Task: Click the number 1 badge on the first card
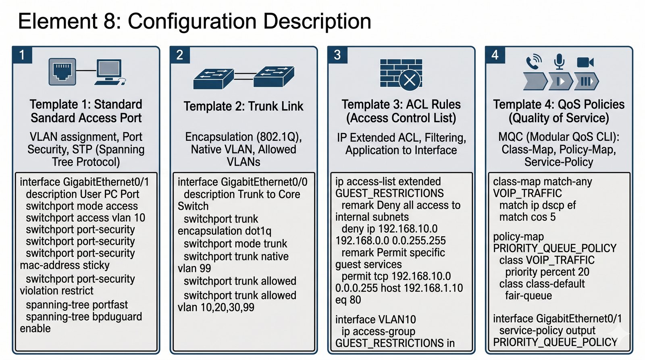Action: pos(22,55)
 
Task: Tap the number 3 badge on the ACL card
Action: pos(337,55)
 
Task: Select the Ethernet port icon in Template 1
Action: pos(62,71)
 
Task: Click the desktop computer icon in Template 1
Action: pos(109,72)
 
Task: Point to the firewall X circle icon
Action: pos(410,79)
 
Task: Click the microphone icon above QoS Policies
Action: pos(559,61)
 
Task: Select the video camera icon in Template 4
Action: pos(585,62)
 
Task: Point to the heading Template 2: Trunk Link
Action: pos(243,106)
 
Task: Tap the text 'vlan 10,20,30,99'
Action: pos(216,307)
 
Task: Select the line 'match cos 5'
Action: pos(527,217)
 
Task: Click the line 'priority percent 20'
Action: pos(547,272)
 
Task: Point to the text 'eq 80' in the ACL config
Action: pos(348,300)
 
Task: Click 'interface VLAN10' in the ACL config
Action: pos(375,319)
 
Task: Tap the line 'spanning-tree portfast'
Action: pos(77,304)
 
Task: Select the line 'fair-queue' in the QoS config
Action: pos(528,295)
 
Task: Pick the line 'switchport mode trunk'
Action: pos(235,243)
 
